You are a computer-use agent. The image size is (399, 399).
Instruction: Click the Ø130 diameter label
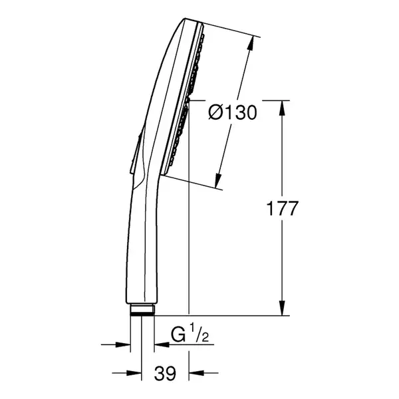(233, 112)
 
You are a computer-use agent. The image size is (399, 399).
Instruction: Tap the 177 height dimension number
(282, 208)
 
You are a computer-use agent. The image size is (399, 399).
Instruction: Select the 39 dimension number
(165, 373)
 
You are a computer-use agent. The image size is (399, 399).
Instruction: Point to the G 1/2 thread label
(190, 334)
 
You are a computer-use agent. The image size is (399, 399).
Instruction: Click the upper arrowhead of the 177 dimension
(282, 108)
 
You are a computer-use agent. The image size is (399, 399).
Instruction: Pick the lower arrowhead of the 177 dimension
(282, 308)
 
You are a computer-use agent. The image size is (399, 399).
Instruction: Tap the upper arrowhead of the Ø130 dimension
(251, 43)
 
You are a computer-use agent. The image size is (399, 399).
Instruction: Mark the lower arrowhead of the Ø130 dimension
(218, 181)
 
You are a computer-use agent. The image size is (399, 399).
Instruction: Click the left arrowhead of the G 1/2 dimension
(123, 345)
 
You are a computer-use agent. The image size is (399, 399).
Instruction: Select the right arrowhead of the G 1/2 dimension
(162, 345)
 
